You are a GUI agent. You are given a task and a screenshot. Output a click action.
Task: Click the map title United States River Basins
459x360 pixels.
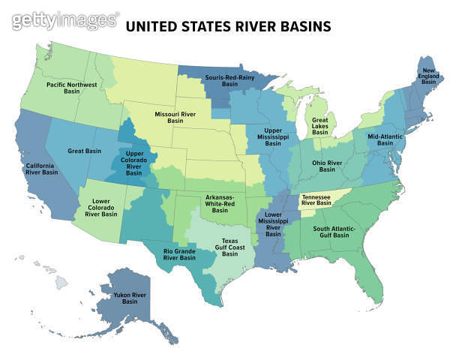tap(228, 28)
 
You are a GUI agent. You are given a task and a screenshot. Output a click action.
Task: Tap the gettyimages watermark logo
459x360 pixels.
tap(66, 20)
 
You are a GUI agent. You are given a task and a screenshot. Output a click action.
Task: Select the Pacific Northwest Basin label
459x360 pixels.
tap(71, 88)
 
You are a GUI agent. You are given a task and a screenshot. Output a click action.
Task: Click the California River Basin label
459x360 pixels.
tap(42, 169)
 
